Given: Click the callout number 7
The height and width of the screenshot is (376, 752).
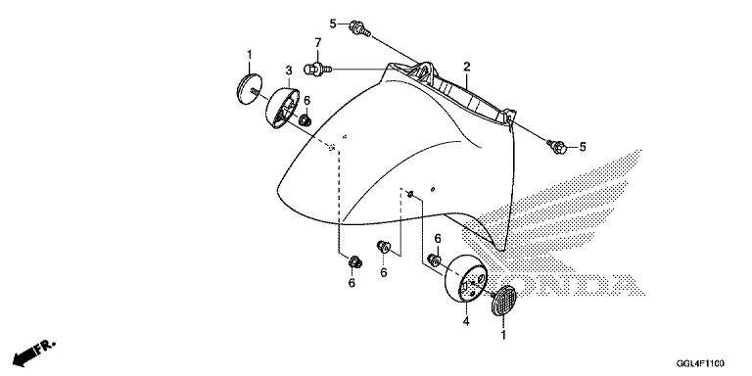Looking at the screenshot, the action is (317, 43).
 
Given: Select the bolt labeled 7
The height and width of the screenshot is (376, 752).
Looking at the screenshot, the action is (318, 70).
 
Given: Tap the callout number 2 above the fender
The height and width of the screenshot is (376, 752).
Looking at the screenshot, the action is (467, 67).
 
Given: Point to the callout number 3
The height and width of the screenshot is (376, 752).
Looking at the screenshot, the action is (289, 70).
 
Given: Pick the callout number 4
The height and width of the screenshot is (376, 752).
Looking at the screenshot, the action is (465, 321).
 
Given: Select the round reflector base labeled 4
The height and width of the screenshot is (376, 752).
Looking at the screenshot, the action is (467, 279).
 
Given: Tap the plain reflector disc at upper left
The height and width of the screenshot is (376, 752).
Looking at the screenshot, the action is (249, 88).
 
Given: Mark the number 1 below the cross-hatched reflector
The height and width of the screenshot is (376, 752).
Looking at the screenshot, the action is (503, 335).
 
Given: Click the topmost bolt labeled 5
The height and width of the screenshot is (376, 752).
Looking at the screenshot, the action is (360, 27).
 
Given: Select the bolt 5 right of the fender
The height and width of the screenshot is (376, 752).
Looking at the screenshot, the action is (557, 146).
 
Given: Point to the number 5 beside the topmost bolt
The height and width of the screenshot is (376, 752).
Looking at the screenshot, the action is (333, 23).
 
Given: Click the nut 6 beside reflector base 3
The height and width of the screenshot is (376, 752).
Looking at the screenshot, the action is (305, 119).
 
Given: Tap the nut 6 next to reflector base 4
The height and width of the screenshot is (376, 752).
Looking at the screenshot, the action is (435, 259).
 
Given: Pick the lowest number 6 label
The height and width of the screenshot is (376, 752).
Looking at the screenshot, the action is (352, 283).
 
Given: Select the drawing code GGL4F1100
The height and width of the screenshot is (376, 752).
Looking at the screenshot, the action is (700, 363).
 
